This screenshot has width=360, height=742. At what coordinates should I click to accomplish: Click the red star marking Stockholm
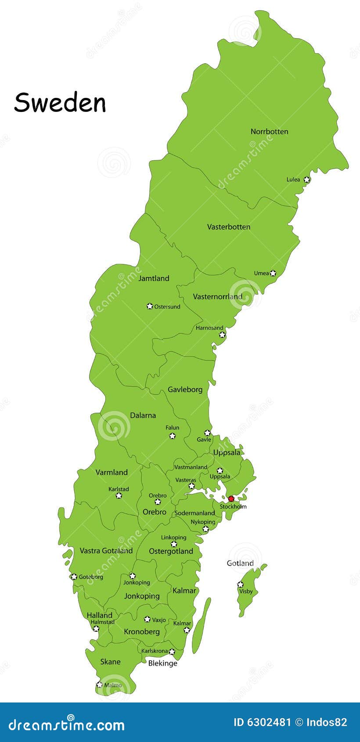click(231, 499)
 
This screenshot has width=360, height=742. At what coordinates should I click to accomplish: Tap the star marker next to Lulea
click(307, 180)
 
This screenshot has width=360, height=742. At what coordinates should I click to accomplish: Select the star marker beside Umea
click(273, 273)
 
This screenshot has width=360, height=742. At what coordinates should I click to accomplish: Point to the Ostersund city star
click(150, 306)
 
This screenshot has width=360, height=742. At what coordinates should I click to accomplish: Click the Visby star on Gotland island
click(240, 584)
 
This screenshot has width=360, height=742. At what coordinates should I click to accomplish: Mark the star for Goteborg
click(74, 576)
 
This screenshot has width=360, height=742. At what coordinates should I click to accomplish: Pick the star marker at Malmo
click(99, 684)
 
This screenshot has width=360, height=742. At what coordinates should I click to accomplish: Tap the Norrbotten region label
click(269, 131)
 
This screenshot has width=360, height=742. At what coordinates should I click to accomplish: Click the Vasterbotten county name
click(229, 227)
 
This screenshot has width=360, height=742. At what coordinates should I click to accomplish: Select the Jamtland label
click(154, 278)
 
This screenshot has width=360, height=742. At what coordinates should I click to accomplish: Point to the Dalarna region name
click(143, 415)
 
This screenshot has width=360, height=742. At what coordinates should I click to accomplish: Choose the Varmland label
click(112, 472)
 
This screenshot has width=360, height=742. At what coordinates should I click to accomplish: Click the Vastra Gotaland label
click(106, 550)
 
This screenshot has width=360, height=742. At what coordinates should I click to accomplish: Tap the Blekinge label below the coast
click(162, 663)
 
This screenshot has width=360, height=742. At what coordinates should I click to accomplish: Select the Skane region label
click(110, 661)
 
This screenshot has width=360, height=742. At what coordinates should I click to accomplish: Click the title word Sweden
click(60, 103)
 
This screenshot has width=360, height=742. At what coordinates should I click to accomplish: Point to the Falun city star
click(173, 436)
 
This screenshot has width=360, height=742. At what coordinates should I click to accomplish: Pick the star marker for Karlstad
click(119, 496)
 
